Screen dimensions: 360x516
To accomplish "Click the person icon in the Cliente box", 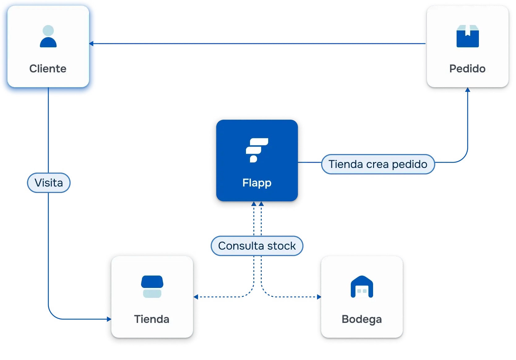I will pos(48,36).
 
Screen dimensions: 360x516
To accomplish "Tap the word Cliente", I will pos(48,69).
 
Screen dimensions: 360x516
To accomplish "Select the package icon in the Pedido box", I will pos(467,36).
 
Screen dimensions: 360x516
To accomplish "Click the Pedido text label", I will pos(467,69).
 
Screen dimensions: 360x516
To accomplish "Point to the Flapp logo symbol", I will pos(256,150).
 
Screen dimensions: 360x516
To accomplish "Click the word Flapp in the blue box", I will pos(257,183).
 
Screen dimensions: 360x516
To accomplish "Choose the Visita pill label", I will pos(49,183).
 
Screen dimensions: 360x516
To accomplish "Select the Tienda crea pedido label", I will pos(378,164).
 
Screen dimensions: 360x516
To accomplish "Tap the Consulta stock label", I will pos(257,246).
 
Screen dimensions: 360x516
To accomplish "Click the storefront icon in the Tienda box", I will pos(152,286).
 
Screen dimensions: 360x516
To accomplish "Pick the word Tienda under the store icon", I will pos(152,319).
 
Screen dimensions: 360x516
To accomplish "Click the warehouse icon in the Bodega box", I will pos(362,287).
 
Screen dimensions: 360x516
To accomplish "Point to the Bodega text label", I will pos(362,319).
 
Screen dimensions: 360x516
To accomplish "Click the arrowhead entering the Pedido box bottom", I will pos(468,90).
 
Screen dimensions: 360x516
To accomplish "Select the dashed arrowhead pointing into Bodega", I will pos(319,297).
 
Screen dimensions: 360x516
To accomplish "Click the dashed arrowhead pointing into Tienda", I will pos(196,297).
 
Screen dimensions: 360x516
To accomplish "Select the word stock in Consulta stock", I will pos(282,246).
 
